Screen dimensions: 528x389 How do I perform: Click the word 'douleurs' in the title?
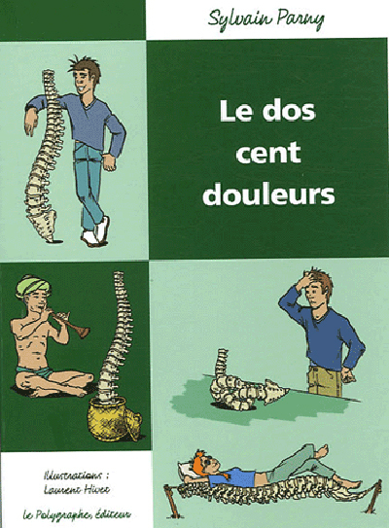[267, 193]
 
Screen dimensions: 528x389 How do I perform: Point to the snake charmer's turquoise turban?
[37, 286]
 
